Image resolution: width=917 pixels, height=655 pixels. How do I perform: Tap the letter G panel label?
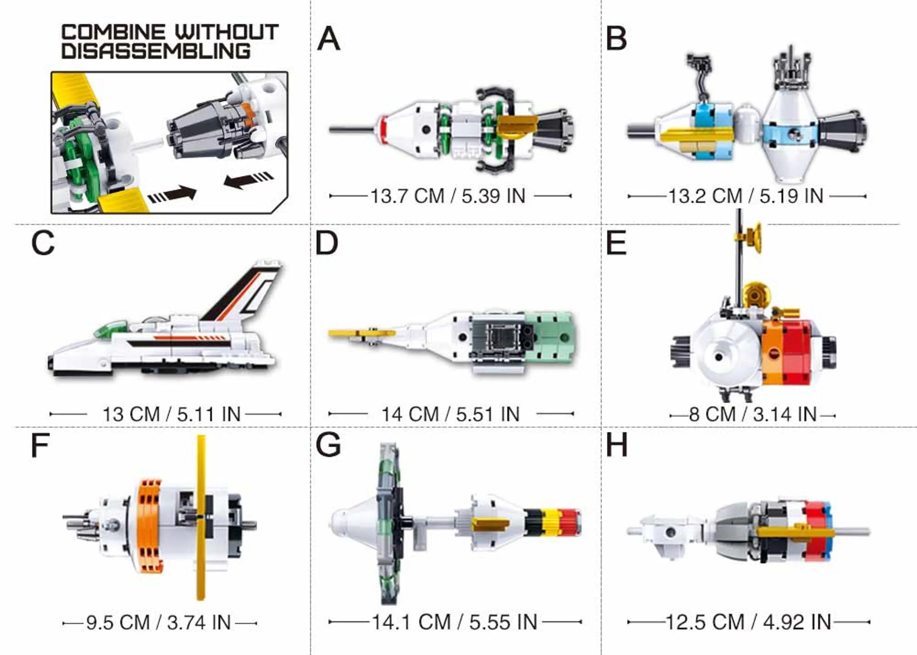click(328, 445)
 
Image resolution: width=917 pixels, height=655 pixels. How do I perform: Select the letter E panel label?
click(616, 244)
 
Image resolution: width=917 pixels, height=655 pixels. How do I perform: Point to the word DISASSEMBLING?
click(156, 51)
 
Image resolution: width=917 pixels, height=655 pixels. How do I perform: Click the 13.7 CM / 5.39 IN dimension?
click(448, 196)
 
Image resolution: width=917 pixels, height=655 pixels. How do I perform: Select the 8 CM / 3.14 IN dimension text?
click(753, 414)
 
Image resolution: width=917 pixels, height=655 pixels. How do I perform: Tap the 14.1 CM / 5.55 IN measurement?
click(454, 622)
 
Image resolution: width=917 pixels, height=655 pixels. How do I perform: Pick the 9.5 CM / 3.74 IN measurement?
click(159, 623)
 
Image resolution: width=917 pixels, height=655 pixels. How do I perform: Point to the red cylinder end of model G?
click(571, 522)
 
